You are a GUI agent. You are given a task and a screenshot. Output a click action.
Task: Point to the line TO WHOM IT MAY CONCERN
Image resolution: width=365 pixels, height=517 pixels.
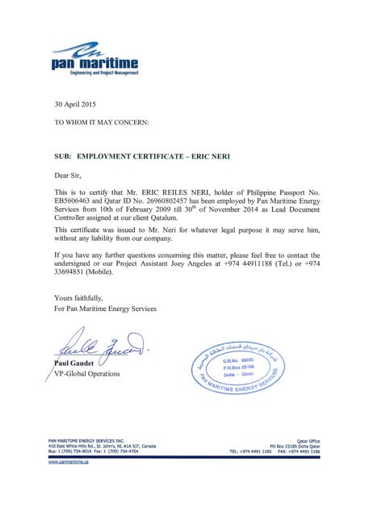pyautogui.click(x=101, y=121)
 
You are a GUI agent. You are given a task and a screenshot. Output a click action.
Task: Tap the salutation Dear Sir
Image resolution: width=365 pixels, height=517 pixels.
pyautogui.click(x=68, y=174)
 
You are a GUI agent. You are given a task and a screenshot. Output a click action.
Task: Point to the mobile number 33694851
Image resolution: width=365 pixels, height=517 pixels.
pyautogui.click(x=74, y=273)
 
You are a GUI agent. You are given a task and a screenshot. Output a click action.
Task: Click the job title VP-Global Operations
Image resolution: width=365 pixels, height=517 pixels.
pyautogui.click(x=86, y=373)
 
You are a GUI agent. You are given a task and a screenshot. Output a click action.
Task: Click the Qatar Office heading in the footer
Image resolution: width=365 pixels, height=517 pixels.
pyautogui.click(x=303, y=440)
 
